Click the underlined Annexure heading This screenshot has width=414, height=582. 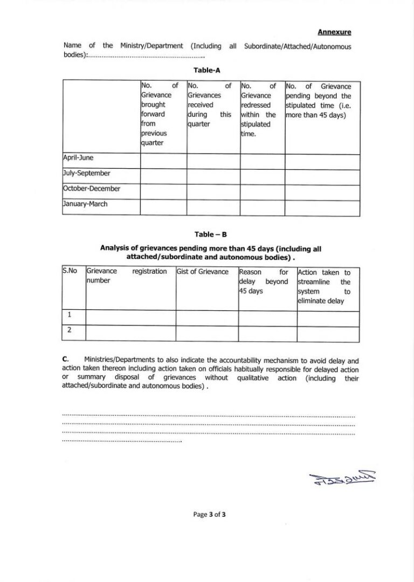pos(334,32)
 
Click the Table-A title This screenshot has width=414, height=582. pos(207,70)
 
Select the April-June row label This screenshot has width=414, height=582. pos(79,158)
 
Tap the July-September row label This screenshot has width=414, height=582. pos(87,174)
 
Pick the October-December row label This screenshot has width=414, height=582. pos(92,189)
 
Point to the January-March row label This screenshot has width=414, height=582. pos(85,204)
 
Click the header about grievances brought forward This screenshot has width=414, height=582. pos(159,114)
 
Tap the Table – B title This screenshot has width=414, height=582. pos(207,234)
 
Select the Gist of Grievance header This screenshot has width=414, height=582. pos(203,272)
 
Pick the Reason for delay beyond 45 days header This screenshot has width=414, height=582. pos(264,281)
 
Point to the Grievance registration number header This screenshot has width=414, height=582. pos(127,276)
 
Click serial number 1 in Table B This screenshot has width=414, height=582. pos(70,315)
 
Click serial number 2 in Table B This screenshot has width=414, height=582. pos(70,330)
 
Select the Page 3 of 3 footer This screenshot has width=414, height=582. pos(209,515)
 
